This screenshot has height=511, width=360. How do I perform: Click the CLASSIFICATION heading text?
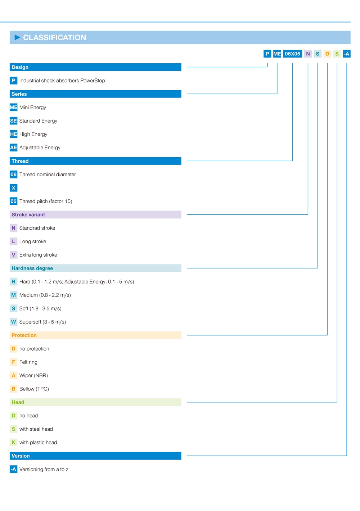(x=54, y=37)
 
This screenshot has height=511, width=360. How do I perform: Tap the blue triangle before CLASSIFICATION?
(x=17, y=37)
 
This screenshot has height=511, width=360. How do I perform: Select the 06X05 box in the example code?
(x=292, y=54)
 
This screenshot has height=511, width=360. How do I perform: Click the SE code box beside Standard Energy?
(x=13, y=121)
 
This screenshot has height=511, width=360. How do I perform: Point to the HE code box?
(x=13, y=134)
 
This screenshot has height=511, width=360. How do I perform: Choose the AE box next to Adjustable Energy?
(x=13, y=148)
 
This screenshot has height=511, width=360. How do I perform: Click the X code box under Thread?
(x=13, y=188)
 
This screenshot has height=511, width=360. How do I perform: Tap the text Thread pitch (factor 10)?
(x=46, y=201)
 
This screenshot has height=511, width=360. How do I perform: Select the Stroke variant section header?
(x=95, y=215)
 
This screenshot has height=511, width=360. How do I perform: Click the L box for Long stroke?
(x=13, y=241)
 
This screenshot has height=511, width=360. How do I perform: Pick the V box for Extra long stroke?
(x=13, y=255)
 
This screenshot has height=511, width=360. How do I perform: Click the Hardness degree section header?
(x=95, y=268)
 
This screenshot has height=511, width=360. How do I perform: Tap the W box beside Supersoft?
(x=13, y=322)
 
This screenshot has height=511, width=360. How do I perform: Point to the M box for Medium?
(x=13, y=295)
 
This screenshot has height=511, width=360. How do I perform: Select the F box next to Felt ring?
(x=13, y=362)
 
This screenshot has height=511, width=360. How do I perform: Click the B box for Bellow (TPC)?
(x=13, y=389)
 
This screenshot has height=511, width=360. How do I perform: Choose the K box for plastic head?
(x=13, y=443)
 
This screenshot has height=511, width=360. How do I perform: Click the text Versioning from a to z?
(x=44, y=469)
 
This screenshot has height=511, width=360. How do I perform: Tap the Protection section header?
(x=95, y=335)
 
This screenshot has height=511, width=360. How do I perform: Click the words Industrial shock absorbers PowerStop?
(x=62, y=81)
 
